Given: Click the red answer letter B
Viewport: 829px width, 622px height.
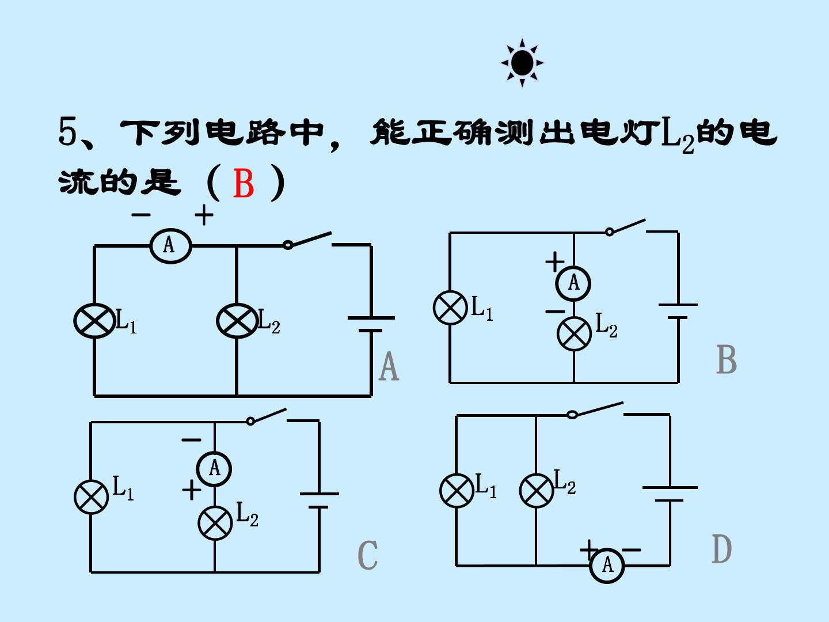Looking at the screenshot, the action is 243,183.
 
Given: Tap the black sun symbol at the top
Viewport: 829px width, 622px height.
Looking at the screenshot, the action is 522,63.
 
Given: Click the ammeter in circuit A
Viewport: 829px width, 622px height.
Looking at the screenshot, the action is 171,246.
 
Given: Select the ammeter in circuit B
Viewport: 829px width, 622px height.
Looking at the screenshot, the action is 573,283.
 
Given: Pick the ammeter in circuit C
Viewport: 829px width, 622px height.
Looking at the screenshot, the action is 214,469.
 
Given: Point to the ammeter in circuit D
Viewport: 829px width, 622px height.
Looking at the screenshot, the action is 607,566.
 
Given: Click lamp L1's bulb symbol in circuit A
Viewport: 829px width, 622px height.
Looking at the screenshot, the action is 94,321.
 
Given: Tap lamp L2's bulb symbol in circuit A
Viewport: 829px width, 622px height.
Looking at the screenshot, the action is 237,321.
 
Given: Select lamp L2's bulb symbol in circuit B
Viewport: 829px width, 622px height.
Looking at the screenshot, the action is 574,334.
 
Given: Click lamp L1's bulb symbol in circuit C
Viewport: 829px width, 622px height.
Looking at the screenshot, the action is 92,497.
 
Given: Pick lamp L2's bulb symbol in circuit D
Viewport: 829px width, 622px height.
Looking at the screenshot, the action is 537,491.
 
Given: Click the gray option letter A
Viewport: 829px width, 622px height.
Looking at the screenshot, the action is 389,366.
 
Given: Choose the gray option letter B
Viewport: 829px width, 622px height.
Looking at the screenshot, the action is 727,359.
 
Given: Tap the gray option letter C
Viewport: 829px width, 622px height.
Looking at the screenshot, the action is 367,555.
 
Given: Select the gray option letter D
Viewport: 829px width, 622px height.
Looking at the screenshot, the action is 722,549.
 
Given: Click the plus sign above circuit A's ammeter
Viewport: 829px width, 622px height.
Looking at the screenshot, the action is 204,215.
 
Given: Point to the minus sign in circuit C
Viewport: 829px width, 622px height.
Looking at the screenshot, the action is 192,440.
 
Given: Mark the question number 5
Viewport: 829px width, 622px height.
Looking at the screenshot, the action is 67,131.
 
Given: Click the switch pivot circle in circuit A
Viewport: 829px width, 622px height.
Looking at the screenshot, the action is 288,245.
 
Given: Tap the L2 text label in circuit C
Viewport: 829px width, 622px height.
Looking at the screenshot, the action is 247,514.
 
